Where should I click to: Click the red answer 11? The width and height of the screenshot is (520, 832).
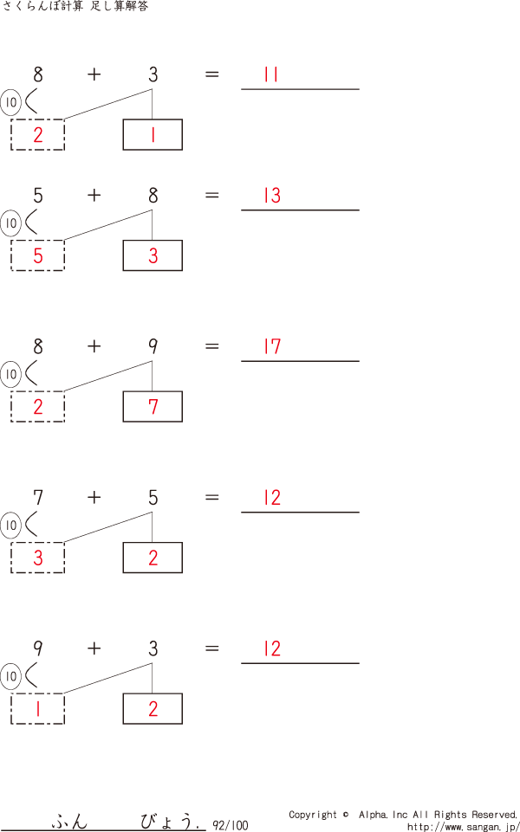(271, 75)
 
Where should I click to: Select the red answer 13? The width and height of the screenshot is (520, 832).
(272, 196)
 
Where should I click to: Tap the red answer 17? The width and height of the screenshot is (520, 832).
(272, 347)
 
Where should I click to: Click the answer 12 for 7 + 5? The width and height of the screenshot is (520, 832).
(272, 498)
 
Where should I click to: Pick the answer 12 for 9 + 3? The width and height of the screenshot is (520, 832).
(272, 649)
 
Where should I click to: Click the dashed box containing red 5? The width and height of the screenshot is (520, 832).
(37, 255)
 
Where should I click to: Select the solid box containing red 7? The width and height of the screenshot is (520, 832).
(153, 407)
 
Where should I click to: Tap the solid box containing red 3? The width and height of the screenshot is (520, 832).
(153, 255)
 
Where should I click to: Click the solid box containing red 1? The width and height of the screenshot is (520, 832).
(153, 135)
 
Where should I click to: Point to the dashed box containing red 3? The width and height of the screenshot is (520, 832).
(37, 558)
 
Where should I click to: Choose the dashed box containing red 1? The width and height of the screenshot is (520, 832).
(37, 709)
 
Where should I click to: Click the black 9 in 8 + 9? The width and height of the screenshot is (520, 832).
(153, 347)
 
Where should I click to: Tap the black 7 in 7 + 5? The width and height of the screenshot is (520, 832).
(37, 498)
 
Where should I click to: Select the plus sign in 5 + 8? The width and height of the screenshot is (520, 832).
(94, 196)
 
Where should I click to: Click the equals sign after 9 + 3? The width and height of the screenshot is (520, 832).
(211, 649)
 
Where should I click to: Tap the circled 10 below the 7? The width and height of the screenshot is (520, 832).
(10, 526)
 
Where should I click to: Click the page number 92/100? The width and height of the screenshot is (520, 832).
(230, 825)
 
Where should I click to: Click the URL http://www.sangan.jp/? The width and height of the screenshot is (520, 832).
(463, 826)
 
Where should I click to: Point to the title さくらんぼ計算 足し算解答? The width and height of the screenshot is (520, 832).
(75, 7)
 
